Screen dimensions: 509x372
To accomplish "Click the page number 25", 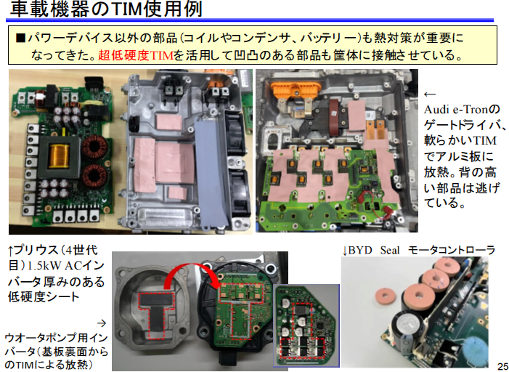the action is tap(502, 365).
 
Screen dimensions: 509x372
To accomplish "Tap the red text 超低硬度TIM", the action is tap(136, 55).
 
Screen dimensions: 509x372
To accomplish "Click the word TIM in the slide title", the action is tap(125, 9).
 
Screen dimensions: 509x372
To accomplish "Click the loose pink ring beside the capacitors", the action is tap(386, 296).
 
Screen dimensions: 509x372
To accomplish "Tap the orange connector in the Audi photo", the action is tap(296, 88).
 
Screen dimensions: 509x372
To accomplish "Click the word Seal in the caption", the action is tap(390, 250).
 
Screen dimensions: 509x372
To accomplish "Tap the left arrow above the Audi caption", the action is tap(430, 94).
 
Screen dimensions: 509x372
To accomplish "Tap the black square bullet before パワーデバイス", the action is tap(20, 38).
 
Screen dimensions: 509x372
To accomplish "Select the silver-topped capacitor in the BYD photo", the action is tap(407, 325).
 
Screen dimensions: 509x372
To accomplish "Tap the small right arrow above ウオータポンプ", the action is tap(102, 323).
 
